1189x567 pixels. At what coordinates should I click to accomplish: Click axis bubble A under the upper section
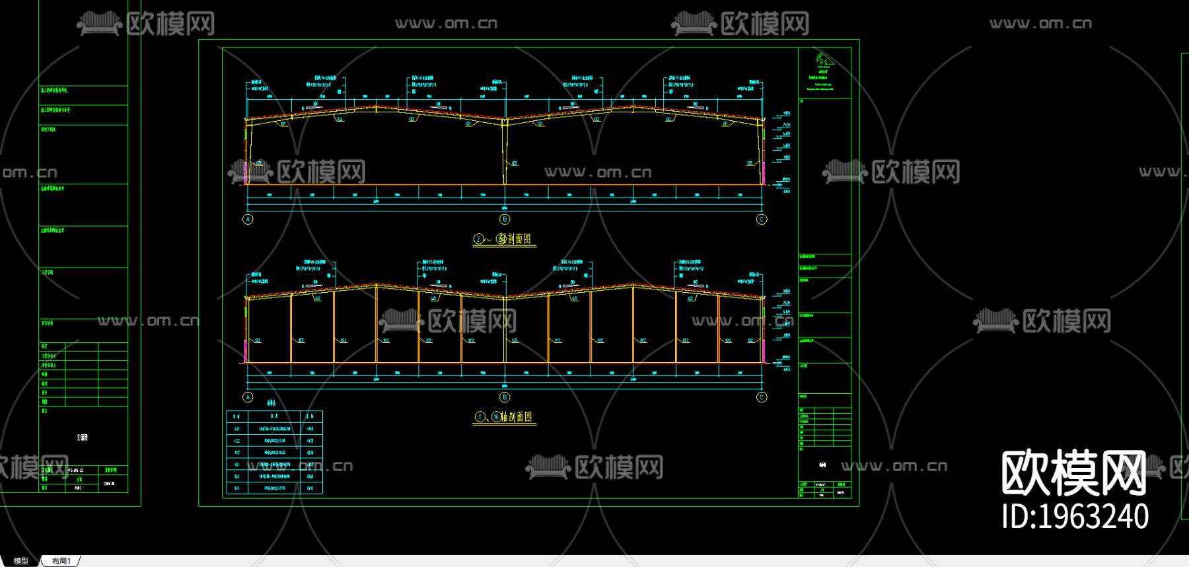[248, 219]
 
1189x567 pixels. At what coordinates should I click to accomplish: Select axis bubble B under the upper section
[505, 219]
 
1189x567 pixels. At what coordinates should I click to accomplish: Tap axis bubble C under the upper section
[762, 219]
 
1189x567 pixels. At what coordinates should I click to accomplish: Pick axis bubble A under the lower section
[248, 397]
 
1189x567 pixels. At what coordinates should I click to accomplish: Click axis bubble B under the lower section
[505, 397]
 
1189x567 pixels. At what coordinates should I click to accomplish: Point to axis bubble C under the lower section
[762, 397]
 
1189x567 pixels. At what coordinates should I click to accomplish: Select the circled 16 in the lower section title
[495, 417]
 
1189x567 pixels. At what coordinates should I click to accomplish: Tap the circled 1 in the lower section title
[479, 417]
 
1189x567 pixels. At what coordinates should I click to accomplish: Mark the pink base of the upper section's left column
[246, 173]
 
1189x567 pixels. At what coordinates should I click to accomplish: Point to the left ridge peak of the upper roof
[377, 106]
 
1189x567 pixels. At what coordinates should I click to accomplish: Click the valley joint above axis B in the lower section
[505, 297]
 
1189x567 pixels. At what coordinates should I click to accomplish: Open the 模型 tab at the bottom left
[21, 561]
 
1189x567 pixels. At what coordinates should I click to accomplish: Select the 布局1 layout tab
[61, 561]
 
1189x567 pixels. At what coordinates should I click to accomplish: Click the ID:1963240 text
[1075, 517]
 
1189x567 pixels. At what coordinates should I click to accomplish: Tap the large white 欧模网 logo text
[1073, 473]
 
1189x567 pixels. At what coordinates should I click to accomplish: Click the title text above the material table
[271, 403]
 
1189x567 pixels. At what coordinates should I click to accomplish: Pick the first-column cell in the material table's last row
[237, 488]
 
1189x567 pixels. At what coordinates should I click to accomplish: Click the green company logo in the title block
[824, 59]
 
